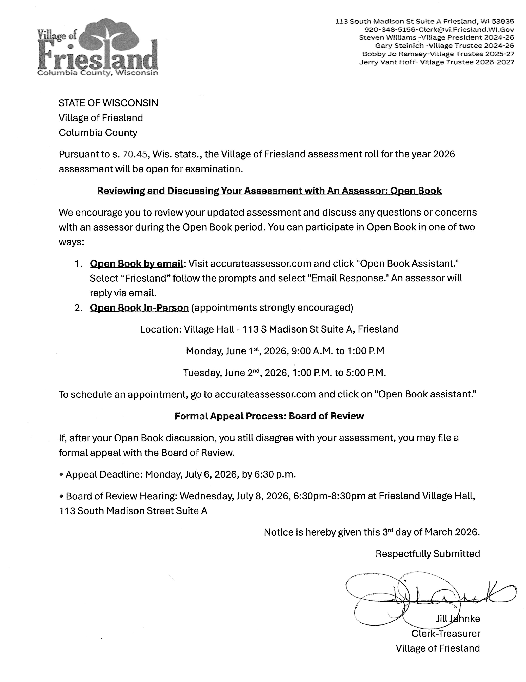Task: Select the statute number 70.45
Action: pos(135,154)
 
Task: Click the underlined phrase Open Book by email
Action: pos(136,264)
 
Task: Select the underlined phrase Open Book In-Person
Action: pos(139,308)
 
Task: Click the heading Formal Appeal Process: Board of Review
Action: pos(269,416)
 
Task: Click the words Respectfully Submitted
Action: pos(427,554)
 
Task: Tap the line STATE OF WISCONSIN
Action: pos(108,103)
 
